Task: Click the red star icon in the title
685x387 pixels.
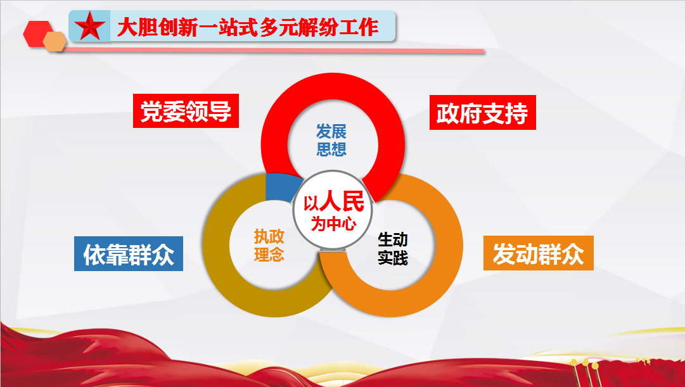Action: tap(89, 26)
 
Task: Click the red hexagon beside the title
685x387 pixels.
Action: tap(37, 33)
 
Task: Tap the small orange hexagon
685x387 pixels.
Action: tap(54, 42)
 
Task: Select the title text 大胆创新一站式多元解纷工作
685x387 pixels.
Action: tap(247, 27)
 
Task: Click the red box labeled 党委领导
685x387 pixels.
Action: tap(186, 111)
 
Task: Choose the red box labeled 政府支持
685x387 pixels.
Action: tap(483, 113)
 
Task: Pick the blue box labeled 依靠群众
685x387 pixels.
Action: tap(129, 254)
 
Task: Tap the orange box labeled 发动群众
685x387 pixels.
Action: tap(538, 253)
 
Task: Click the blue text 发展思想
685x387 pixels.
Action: tap(331, 140)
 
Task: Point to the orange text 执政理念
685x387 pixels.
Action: tap(269, 245)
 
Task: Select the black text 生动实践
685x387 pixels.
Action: tap(393, 248)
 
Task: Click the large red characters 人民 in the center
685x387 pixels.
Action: tap(341, 201)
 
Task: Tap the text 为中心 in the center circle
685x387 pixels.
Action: tap(333, 224)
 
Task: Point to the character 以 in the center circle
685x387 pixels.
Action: tap(311, 203)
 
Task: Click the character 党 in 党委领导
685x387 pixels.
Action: tap(151, 111)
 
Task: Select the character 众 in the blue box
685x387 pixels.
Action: tap(163, 255)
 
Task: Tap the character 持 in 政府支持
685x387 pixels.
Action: tap(517, 113)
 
